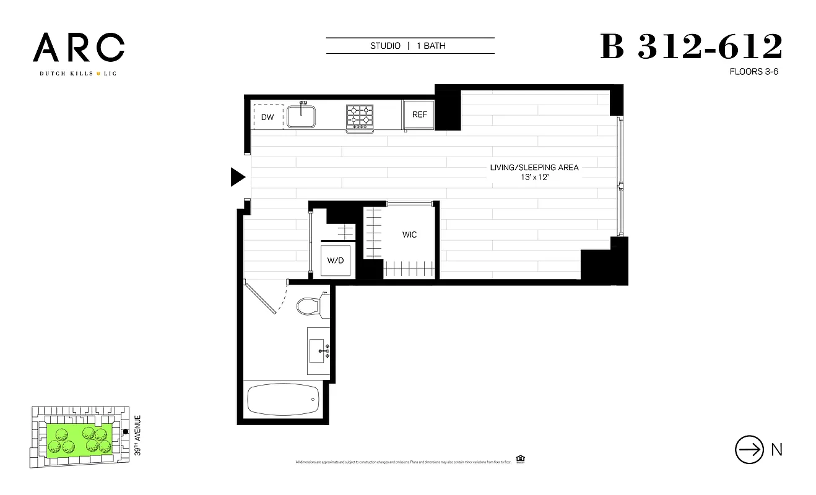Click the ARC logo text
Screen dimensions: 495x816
click(79, 48)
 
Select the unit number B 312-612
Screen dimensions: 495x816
click(691, 47)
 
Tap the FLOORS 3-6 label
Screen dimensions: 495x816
click(753, 72)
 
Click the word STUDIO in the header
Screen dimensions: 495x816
click(385, 46)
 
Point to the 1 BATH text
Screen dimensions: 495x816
click(431, 46)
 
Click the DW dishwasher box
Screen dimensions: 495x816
click(267, 117)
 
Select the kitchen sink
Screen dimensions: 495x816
click(302, 116)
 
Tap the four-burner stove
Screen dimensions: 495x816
click(360, 116)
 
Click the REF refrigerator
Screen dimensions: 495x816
click(419, 115)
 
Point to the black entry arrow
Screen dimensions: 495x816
click(238, 177)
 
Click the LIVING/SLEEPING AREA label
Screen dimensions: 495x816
click(534, 168)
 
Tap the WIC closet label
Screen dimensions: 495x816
click(409, 235)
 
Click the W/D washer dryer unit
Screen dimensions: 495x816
click(336, 260)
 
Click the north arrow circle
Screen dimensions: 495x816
click(749, 450)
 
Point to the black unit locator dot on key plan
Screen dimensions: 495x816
click(125, 431)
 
